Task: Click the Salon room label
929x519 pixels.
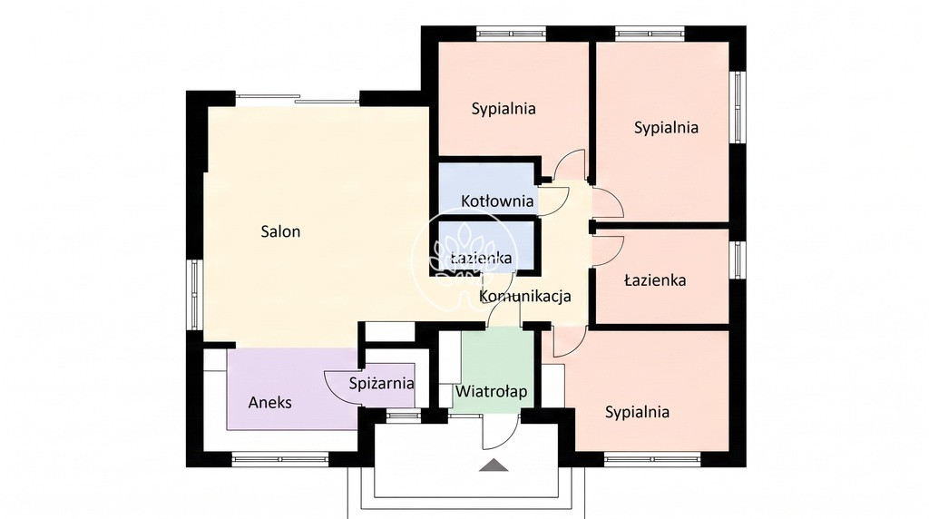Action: coord(280,231)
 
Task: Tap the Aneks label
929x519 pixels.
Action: coord(269,403)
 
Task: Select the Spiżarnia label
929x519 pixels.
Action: coord(381,383)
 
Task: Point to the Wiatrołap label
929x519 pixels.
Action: coord(491,392)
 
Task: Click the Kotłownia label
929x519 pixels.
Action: coord(497,201)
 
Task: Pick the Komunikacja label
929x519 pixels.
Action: coord(525,296)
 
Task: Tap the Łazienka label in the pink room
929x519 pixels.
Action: coord(655,279)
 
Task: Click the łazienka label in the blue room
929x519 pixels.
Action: coord(481,259)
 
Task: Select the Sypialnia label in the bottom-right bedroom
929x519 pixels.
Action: coord(637,412)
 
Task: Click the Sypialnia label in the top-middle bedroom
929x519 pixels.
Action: coord(504,108)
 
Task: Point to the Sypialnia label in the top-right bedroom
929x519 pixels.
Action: coord(666,127)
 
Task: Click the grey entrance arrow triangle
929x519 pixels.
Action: coord(494,465)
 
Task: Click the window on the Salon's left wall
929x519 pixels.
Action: coord(195,295)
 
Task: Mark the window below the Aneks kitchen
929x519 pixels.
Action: coord(279,459)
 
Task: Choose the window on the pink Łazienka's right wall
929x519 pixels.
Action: coord(737,259)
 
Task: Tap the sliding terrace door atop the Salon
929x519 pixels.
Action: coord(298,99)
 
